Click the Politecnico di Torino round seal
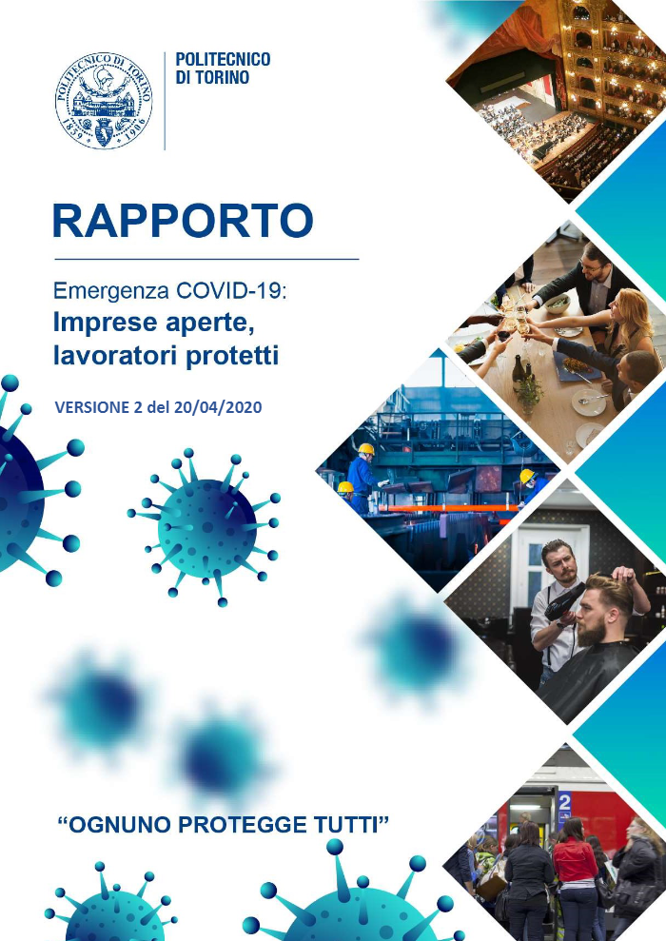[x=104, y=100]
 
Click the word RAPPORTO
[x=183, y=220]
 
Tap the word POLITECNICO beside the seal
[x=223, y=59]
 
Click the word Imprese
[x=106, y=323]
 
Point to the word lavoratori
[x=113, y=355]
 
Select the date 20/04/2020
[x=218, y=407]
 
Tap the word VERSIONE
[x=91, y=407]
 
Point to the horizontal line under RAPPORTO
[x=206, y=259]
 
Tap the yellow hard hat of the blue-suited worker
[x=366, y=449]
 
